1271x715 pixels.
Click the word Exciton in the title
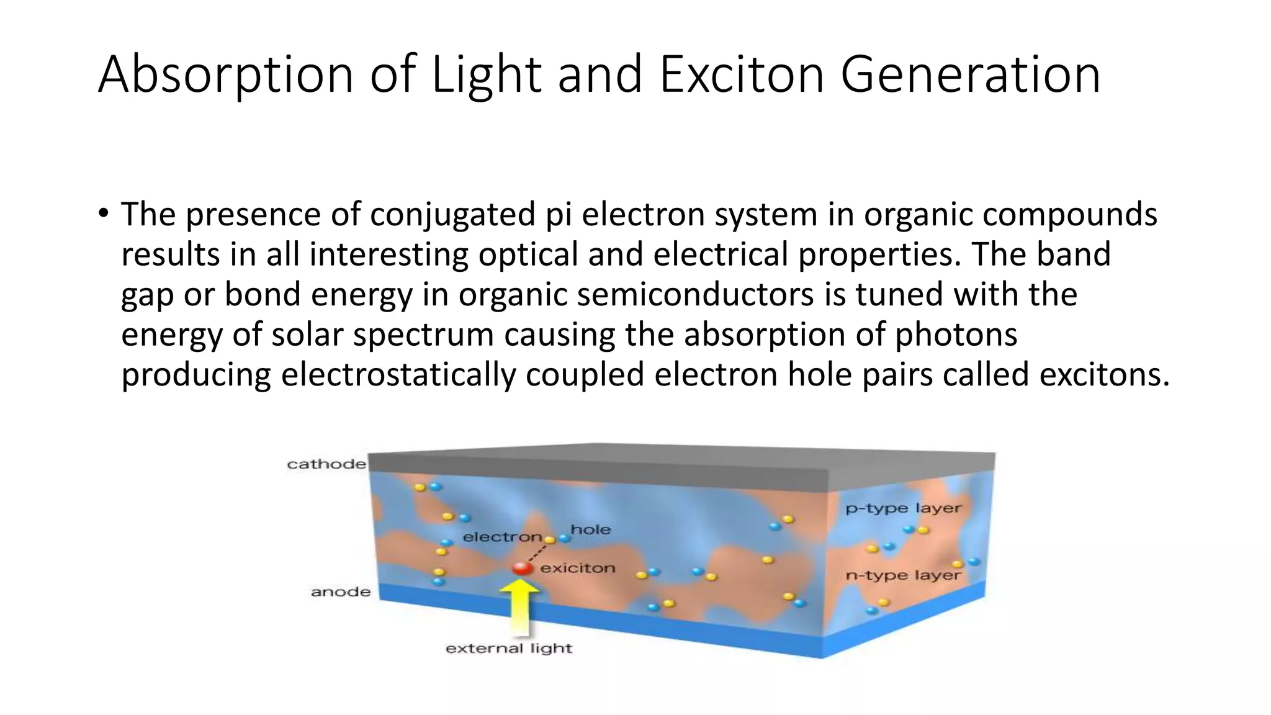click(742, 74)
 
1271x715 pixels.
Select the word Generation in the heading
click(970, 74)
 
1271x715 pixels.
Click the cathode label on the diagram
click(326, 464)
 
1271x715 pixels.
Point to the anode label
click(341, 592)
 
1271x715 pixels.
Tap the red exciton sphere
click(522, 568)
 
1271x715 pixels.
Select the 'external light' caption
click(509, 649)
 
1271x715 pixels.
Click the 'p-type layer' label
click(903, 508)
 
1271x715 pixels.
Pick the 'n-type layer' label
click(903, 575)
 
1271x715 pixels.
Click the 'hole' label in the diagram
click(590, 529)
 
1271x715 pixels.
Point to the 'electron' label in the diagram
click(502, 537)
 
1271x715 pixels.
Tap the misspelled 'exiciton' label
click(578, 568)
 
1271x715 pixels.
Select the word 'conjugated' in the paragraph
click(452, 215)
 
